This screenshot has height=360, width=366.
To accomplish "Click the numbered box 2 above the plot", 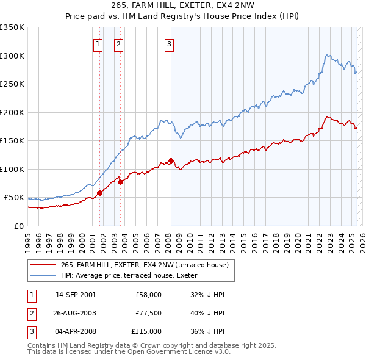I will tap(118, 44).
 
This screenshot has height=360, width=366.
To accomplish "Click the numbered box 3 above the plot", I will tap(168, 44).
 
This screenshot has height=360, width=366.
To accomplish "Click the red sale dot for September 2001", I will tap(99, 193).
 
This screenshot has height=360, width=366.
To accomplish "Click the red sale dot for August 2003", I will tap(121, 182).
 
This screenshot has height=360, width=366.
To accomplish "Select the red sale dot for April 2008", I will tap(171, 160).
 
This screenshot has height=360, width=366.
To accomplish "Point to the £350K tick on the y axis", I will tap(12, 27).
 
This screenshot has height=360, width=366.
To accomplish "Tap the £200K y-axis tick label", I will tap(12, 112).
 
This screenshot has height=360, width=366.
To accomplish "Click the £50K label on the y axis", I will tap(14, 198).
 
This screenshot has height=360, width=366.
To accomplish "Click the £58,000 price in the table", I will tap(149, 295).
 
